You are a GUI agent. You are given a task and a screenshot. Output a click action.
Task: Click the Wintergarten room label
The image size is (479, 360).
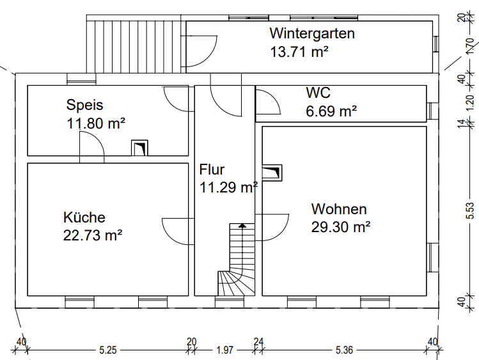pyautogui.click(x=311, y=33)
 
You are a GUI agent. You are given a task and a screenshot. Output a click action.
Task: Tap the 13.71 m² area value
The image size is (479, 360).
pyautogui.click(x=299, y=52)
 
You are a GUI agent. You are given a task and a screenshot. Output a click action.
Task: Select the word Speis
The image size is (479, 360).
pyautogui.click(x=84, y=106)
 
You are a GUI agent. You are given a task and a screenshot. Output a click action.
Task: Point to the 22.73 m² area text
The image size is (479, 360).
pyautogui.click(x=93, y=235)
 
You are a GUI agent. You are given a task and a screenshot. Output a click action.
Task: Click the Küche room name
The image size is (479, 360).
pyautogui.click(x=84, y=217)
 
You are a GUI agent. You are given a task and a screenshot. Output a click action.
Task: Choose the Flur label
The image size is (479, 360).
pyautogui.click(x=212, y=170)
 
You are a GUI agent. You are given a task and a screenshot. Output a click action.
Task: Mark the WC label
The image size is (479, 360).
pyautogui.click(x=318, y=93)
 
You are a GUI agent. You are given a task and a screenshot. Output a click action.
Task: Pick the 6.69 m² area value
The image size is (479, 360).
pyautogui.click(x=331, y=111)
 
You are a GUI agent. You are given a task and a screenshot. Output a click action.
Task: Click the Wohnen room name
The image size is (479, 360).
pyautogui.click(x=339, y=209)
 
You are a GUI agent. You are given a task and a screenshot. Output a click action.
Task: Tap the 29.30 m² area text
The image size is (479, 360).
pyautogui.click(x=342, y=226)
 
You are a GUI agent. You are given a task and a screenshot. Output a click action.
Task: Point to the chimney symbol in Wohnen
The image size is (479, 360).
pyautogui.click(x=271, y=173)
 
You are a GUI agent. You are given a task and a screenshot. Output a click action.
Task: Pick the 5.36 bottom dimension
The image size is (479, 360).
pyautogui.click(x=345, y=350)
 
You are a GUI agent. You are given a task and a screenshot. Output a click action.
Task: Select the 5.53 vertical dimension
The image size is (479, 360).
pyautogui.click(x=470, y=212)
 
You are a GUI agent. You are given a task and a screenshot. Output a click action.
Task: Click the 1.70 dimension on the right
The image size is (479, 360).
pyautogui.click(x=470, y=47)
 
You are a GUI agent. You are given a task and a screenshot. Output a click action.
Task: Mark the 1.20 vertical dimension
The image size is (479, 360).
pyautogui.click(x=470, y=100)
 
